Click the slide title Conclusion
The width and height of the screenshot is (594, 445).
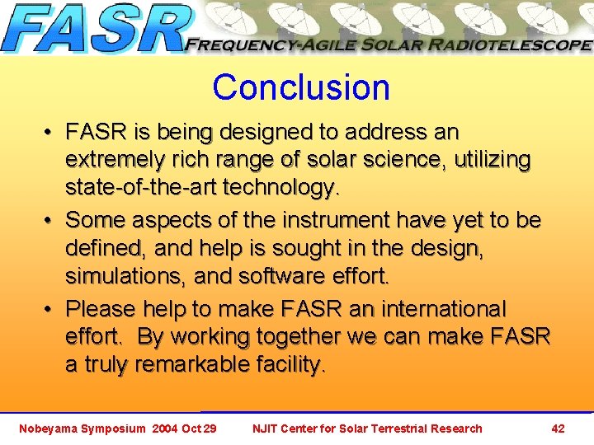(300, 87)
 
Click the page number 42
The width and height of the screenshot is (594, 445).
(558, 429)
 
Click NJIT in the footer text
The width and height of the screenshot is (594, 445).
(266, 429)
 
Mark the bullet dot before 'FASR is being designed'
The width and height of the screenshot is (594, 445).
(49, 133)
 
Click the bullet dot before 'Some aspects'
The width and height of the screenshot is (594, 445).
(49, 221)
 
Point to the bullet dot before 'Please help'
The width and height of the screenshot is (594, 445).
(49, 310)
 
